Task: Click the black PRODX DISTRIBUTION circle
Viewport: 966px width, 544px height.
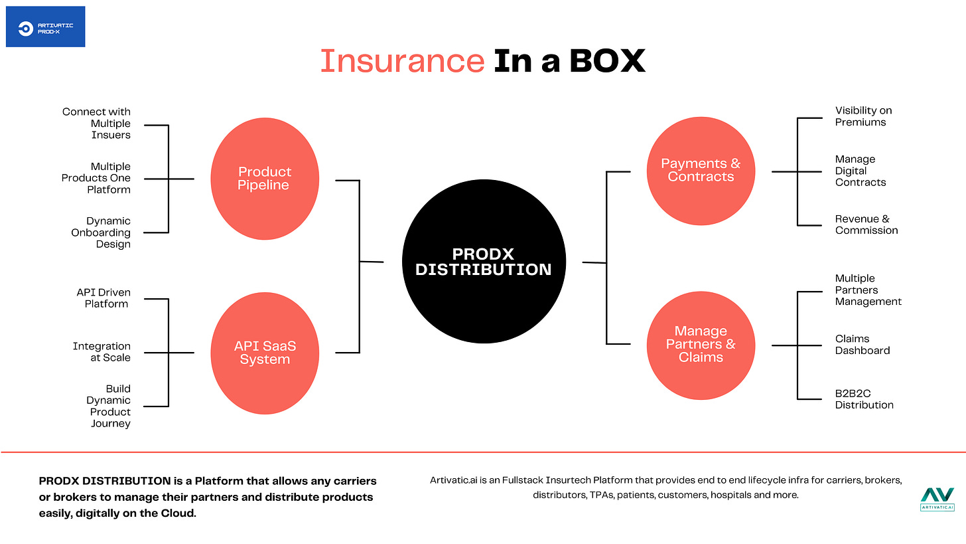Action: pyautogui.click(x=483, y=262)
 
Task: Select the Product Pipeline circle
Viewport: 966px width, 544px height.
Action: pyautogui.click(x=264, y=178)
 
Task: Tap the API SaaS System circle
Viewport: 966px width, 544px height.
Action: pyautogui.click(x=264, y=353)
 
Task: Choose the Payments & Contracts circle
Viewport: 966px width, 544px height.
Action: pyautogui.click(x=701, y=170)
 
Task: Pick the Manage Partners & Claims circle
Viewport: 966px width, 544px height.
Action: pyautogui.click(x=701, y=344)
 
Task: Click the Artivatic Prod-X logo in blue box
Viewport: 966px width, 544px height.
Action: pyautogui.click(x=45, y=27)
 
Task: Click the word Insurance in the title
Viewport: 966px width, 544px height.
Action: pyautogui.click(x=402, y=61)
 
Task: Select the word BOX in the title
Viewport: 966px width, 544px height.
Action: pyautogui.click(x=606, y=61)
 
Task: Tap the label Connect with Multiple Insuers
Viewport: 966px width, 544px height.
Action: pyautogui.click(x=97, y=124)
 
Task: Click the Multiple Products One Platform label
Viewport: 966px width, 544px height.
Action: pyautogui.click(x=97, y=178)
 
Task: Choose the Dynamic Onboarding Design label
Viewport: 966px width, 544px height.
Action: pyautogui.click(x=101, y=232)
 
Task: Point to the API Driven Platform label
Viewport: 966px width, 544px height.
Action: pyautogui.click(x=104, y=298)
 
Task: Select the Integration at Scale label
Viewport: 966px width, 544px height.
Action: pyautogui.click(x=102, y=352)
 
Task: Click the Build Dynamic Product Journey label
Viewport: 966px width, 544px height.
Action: pyautogui.click(x=109, y=406)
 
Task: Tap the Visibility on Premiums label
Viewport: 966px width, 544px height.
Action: pyautogui.click(x=862, y=116)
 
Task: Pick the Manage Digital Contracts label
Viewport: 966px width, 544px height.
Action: pyautogui.click(x=860, y=171)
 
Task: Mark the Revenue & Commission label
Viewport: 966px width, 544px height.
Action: pyautogui.click(x=866, y=225)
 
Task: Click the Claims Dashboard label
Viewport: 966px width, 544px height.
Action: pyautogui.click(x=862, y=345)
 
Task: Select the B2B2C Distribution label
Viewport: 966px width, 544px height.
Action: pyautogui.click(x=864, y=399)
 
